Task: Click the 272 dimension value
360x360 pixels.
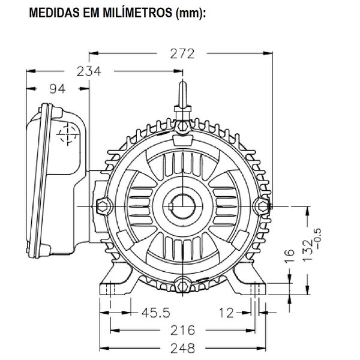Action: [x=182, y=54]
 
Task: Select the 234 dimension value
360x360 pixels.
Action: [x=89, y=71]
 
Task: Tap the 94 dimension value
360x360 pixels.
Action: [x=56, y=89]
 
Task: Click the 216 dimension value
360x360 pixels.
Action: [x=182, y=331]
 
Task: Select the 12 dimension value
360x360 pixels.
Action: [x=226, y=313]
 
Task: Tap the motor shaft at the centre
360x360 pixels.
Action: [x=181, y=205]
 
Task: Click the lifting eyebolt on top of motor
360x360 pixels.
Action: [x=181, y=102]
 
